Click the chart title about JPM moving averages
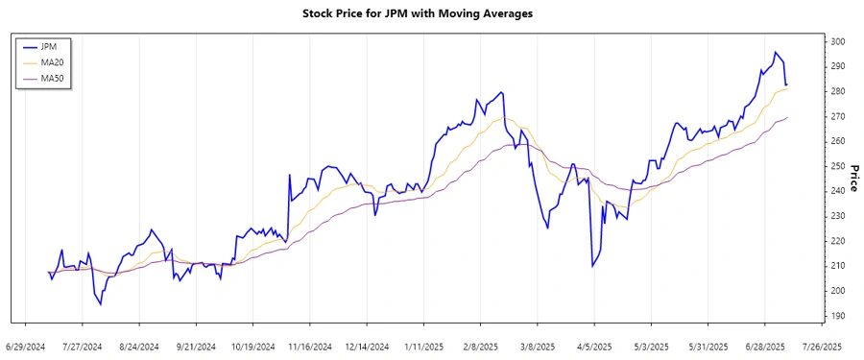tap(431, 14)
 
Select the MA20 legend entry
tap(53, 61)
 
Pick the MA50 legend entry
tap(53, 78)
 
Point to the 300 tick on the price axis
tap(837, 42)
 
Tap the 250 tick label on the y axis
tap(837, 166)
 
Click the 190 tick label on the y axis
tap(837, 316)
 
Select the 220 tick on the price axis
tap(837, 241)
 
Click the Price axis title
tap(853, 179)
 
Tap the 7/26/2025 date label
tap(821, 347)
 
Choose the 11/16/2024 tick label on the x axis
tap(310, 347)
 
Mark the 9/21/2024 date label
tap(197, 347)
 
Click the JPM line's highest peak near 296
tap(776, 53)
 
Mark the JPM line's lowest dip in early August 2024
tap(100, 304)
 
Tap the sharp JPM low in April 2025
tap(592, 266)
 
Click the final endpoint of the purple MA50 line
tap(788, 117)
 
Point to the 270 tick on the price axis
tap(837, 116)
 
